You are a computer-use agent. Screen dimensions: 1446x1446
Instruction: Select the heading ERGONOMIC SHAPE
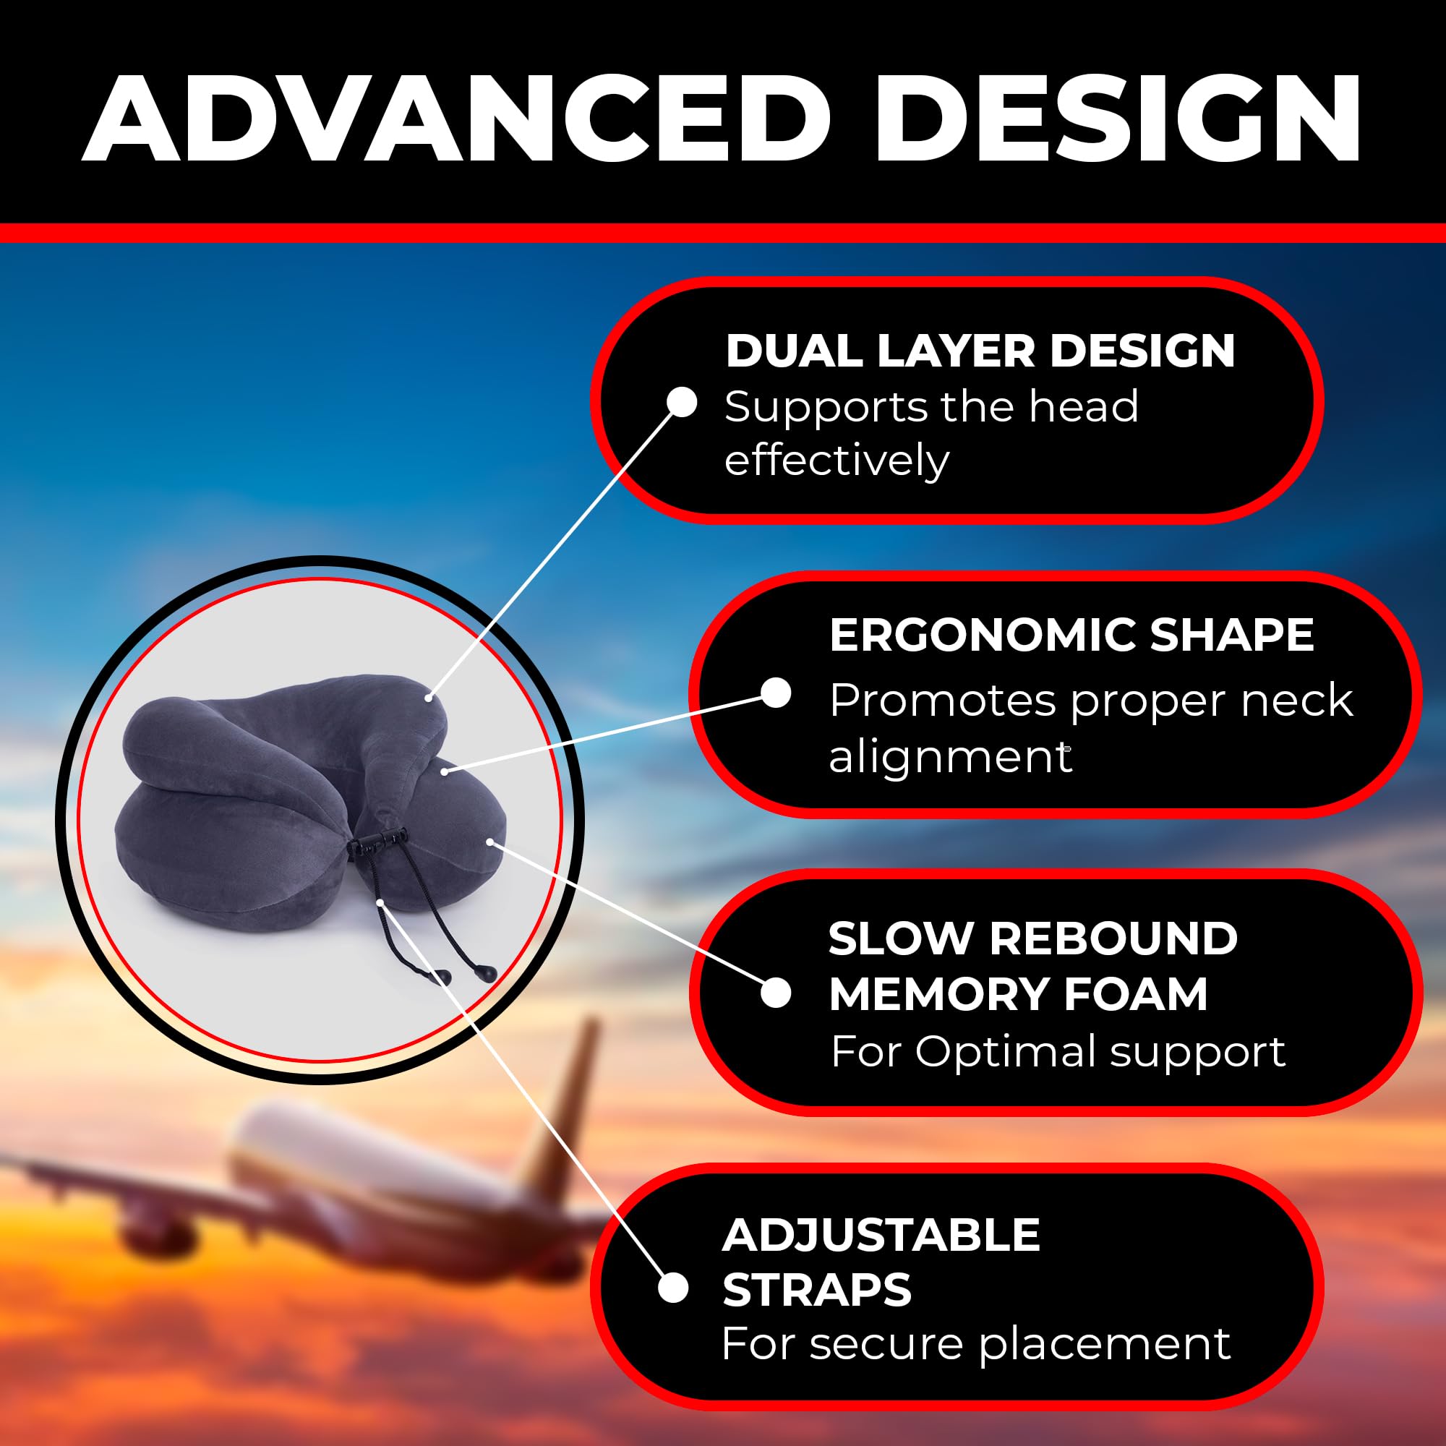pos(1071,635)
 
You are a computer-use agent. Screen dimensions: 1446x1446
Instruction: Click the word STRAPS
pos(817,1289)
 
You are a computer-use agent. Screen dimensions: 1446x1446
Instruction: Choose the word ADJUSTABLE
pos(881,1234)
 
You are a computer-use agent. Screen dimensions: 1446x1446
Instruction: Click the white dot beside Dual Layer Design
pos(682,402)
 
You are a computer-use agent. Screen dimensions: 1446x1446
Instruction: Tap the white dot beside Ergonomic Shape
pos(777,693)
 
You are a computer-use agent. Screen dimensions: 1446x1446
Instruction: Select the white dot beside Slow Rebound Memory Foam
pos(776,993)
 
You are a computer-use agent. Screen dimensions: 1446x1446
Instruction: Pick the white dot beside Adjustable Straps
pos(674,1288)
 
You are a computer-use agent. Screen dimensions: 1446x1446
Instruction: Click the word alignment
pos(951,758)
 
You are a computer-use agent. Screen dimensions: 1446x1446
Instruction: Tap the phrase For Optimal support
pos(1058,1051)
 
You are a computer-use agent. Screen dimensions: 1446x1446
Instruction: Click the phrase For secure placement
pos(976,1343)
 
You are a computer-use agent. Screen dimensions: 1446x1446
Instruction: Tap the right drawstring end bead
pos(485,972)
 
